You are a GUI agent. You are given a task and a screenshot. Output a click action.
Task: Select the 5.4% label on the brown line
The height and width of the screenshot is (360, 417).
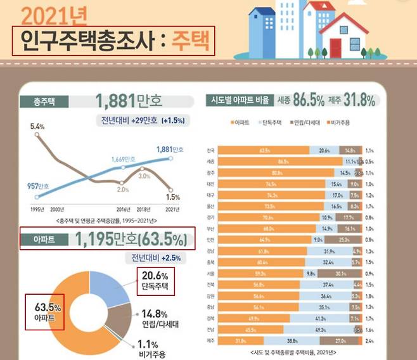37,127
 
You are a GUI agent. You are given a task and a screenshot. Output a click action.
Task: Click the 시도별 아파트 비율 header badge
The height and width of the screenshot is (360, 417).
241,101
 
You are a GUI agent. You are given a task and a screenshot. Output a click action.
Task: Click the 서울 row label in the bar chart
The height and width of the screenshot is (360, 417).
210,274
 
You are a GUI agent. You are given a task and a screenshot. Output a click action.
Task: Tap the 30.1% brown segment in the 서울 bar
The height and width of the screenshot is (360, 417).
340,274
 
